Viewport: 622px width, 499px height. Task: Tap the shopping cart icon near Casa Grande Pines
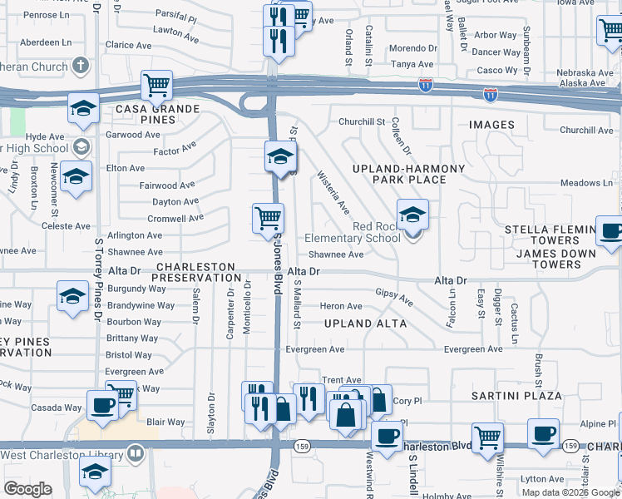click(x=156, y=85)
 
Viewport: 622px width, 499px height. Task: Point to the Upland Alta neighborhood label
click(x=365, y=323)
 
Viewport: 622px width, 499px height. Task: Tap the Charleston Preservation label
click(x=198, y=272)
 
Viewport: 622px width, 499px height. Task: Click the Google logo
click(x=27, y=489)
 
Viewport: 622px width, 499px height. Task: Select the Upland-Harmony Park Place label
click(x=408, y=174)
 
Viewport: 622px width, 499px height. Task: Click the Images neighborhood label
click(x=491, y=125)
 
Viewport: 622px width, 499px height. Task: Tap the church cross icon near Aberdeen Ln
click(x=81, y=65)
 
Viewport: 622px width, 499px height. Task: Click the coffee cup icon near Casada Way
click(x=103, y=405)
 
